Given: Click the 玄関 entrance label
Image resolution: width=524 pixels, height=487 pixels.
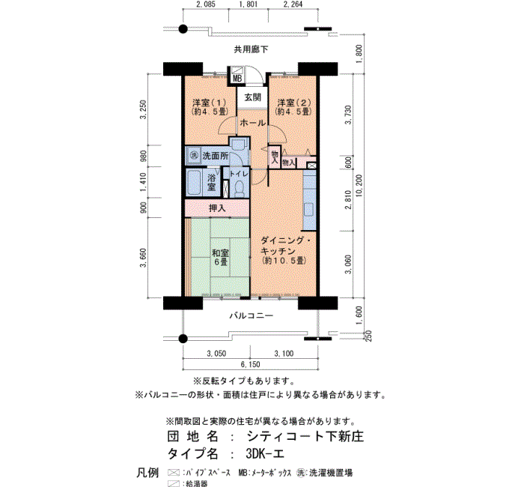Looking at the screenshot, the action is click(x=252, y=97).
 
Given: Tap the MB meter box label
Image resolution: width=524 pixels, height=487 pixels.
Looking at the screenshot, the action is click(x=237, y=79).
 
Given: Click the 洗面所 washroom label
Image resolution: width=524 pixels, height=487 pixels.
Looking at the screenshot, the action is click(x=216, y=156).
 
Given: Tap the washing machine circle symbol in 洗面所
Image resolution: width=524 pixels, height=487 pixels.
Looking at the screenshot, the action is click(x=194, y=156).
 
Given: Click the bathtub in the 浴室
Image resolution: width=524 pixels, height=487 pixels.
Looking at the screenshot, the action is click(x=193, y=183).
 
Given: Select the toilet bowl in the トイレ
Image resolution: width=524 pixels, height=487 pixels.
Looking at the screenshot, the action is click(x=240, y=188).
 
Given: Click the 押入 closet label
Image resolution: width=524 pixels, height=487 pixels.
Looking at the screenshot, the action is click(x=217, y=208).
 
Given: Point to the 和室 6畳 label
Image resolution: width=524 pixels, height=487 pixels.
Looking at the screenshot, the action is click(x=220, y=257).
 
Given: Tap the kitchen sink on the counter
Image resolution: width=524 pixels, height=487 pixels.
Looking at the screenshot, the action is click(x=308, y=209).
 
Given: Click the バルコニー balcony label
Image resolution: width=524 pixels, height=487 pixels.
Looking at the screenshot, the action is click(x=252, y=315).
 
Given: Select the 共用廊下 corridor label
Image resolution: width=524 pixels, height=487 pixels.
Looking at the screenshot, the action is click(x=251, y=49).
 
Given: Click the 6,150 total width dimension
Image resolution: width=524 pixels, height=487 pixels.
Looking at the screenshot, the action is click(x=251, y=364).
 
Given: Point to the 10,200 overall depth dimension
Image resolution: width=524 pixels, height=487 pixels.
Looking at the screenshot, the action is click(x=359, y=186).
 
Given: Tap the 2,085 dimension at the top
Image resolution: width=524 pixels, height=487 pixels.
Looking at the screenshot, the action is click(x=206, y=4).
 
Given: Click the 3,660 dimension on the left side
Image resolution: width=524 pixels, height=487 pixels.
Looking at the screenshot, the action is click(x=143, y=258).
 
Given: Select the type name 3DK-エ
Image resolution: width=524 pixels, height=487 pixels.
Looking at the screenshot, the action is click(x=265, y=453).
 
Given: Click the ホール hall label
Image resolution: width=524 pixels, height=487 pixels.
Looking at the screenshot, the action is click(x=253, y=123).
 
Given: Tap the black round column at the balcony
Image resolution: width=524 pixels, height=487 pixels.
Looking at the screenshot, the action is click(x=183, y=339).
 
